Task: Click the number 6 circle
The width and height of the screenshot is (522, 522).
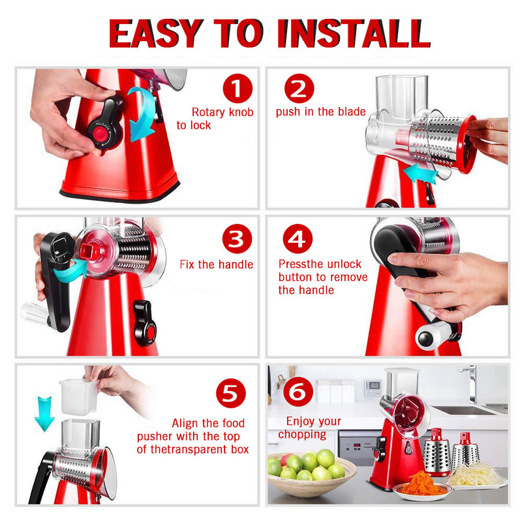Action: click(x=298, y=392)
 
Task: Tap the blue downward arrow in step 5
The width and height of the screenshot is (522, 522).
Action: click(x=44, y=412)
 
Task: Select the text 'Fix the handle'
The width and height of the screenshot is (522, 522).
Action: click(x=217, y=265)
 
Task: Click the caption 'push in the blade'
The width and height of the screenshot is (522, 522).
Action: click(x=320, y=112)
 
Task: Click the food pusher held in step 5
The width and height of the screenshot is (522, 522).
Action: click(x=78, y=395)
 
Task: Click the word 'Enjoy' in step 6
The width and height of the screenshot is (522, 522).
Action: click(x=300, y=422)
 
